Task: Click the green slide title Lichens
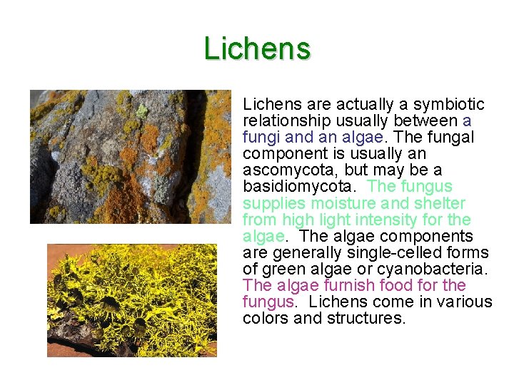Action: point(257,48)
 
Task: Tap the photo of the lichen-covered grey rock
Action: point(131,156)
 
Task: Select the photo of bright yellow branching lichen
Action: point(132,300)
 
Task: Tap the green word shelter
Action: point(435,203)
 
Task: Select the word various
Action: point(465,302)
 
